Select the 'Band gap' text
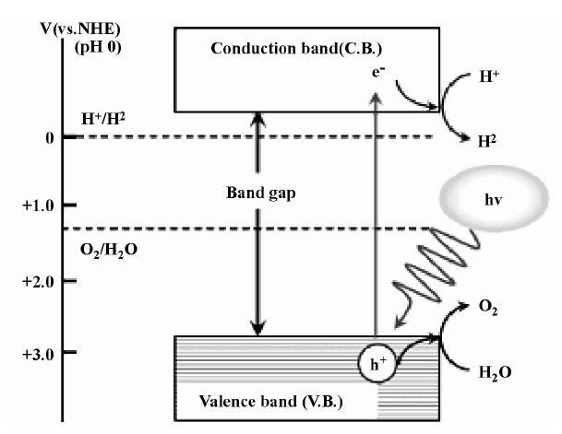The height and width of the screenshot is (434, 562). click(259, 194)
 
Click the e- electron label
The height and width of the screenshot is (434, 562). click(375, 70)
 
